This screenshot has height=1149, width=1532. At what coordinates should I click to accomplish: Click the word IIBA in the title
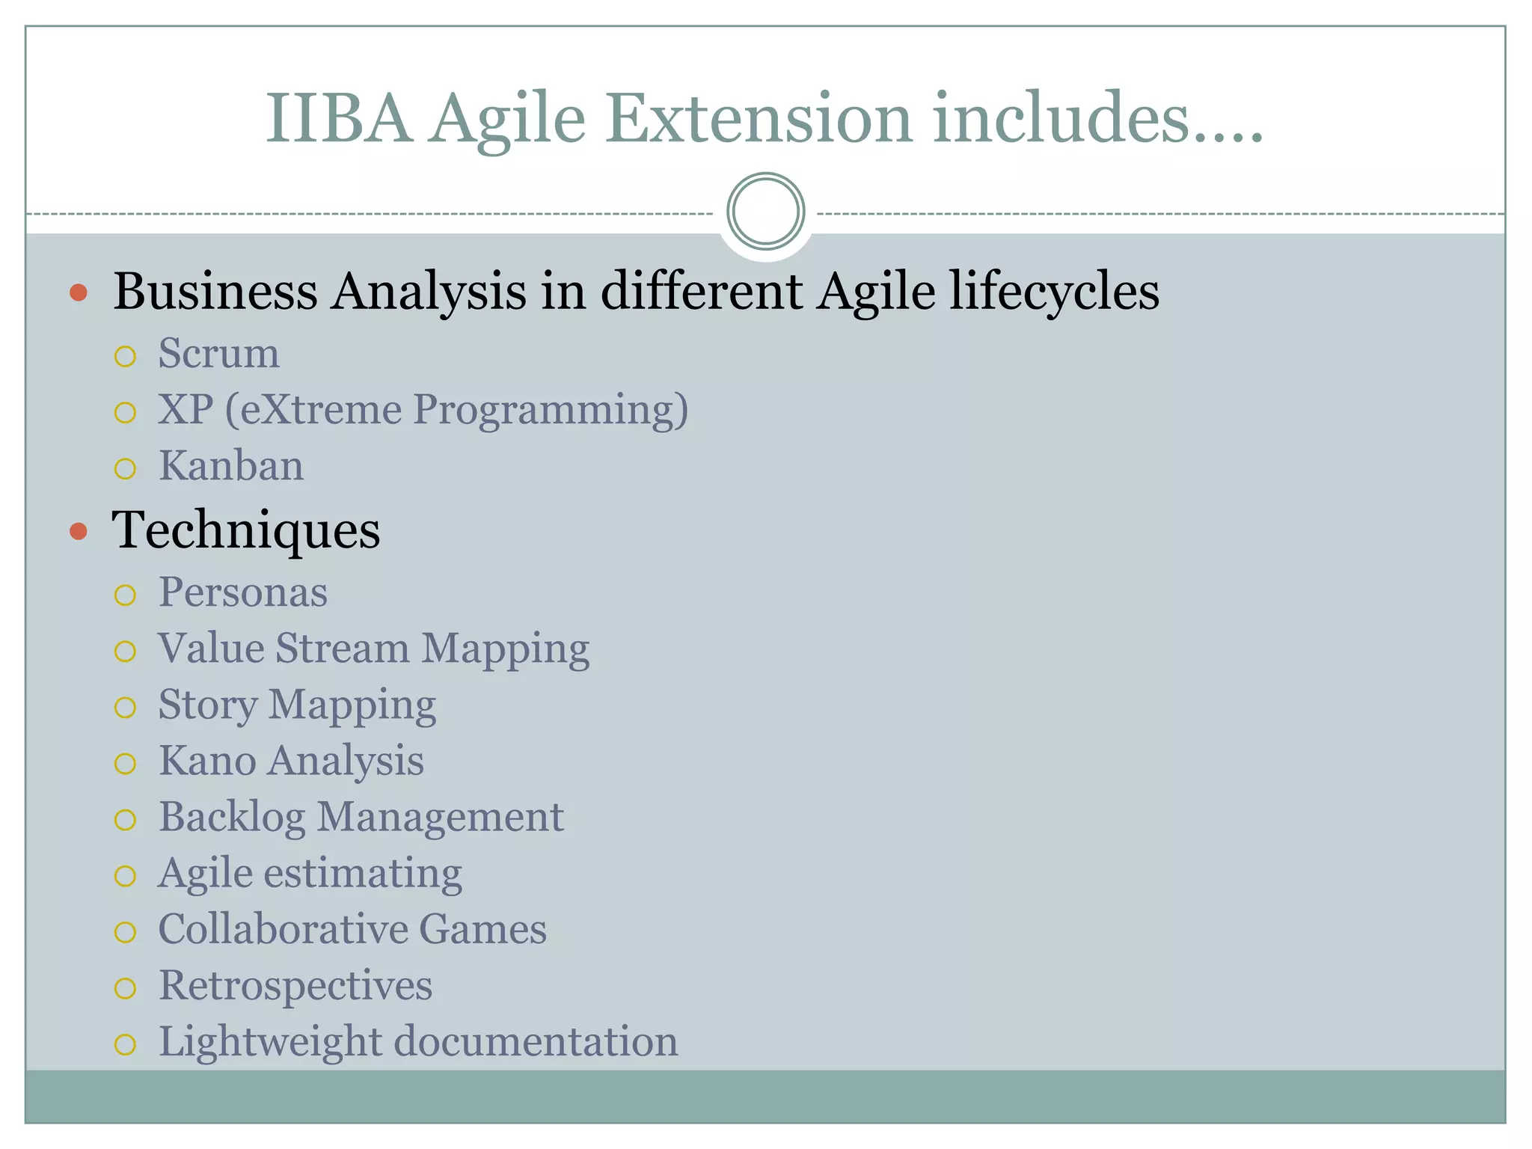coord(339,118)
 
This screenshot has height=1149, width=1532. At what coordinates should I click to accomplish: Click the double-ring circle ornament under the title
coord(765,212)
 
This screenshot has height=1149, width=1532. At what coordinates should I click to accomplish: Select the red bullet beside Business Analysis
coord(78,292)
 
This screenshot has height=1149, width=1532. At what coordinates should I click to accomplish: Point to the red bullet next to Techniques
coord(78,532)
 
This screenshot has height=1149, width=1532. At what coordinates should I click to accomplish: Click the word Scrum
coord(218,353)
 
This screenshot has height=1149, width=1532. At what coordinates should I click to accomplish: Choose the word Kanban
coord(231,466)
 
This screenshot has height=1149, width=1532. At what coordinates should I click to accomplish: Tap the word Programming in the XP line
coord(550,411)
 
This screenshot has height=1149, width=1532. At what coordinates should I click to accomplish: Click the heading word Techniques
coord(246,530)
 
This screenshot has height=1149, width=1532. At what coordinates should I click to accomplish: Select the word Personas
coord(243,592)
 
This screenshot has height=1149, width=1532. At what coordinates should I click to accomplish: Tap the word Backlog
coord(232,818)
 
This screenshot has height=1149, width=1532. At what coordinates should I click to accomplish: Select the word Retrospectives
coord(295,986)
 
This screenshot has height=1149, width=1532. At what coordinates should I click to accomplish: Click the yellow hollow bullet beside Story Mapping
coord(126,708)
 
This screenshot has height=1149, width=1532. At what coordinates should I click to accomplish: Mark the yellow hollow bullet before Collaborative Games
coord(126,932)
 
